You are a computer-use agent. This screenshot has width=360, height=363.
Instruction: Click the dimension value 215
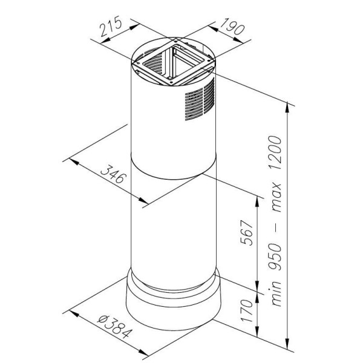click(111, 26)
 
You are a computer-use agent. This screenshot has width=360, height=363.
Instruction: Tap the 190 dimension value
click(232, 27)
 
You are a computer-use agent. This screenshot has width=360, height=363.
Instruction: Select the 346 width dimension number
click(114, 174)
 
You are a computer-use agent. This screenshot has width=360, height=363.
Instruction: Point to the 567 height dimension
click(247, 232)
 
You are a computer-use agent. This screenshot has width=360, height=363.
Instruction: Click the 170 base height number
click(247, 310)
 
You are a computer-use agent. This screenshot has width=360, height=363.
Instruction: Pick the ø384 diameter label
click(115, 327)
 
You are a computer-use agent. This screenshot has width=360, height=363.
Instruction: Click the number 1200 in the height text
click(275, 153)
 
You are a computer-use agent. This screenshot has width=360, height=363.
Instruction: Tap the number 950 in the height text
click(275, 257)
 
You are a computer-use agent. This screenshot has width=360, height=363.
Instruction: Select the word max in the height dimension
click(276, 197)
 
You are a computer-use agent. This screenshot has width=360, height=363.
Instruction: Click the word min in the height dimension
click(275, 293)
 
